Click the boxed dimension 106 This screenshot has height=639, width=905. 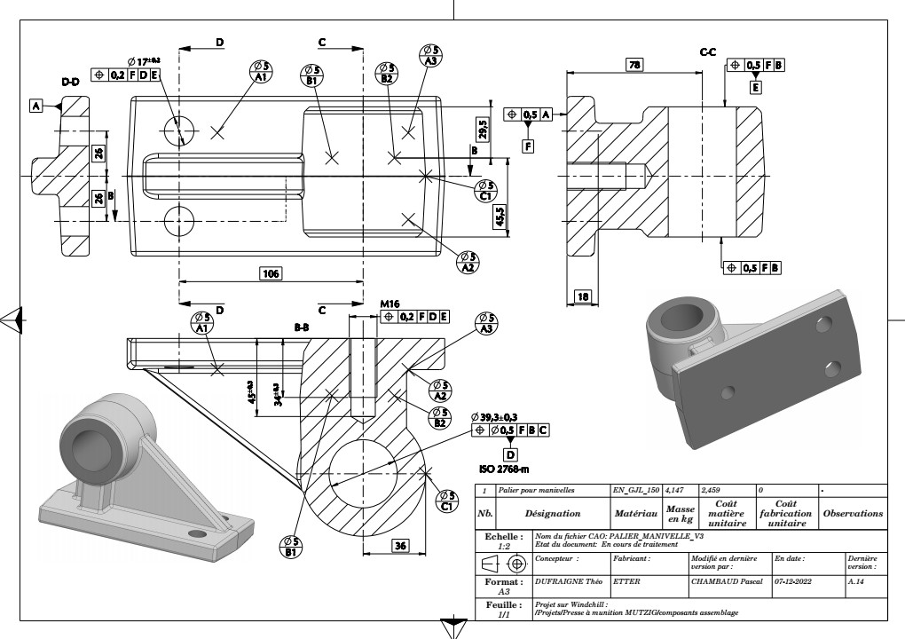click(x=271, y=273)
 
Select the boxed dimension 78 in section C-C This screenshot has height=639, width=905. click(x=634, y=66)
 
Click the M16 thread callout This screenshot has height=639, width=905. click(x=390, y=303)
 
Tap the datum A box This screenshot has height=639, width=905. click(x=36, y=106)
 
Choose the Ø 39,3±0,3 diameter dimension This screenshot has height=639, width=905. click(x=507, y=416)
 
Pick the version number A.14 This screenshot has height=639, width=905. click(x=857, y=582)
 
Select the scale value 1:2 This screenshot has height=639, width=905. click(x=504, y=547)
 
